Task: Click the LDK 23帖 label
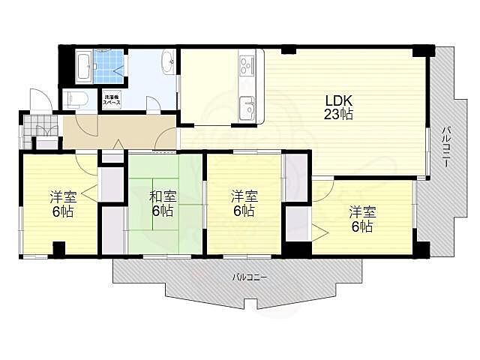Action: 338,107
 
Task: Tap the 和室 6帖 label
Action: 163,203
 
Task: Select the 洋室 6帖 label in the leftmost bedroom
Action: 62,204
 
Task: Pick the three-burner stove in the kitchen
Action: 247,65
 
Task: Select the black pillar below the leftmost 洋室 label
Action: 58,249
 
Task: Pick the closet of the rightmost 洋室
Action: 297,222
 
